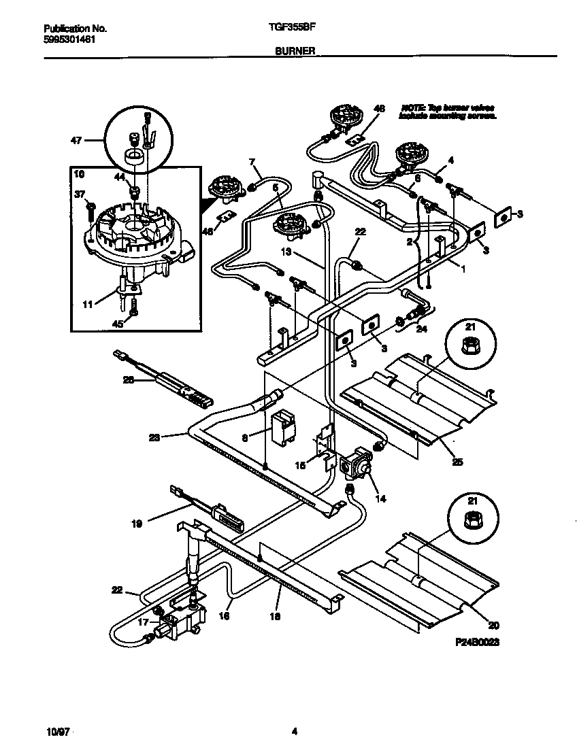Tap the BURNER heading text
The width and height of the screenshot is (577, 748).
pyautogui.click(x=294, y=51)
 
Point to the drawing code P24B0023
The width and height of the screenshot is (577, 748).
pyautogui.click(x=474, y=642)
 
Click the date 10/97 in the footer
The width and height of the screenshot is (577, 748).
pyautogui.click(x=59, y=732)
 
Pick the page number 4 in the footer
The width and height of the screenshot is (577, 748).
pyautogui.click(x=294, y=732)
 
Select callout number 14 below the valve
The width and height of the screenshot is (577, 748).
pyautogui.click(x=380, y=498)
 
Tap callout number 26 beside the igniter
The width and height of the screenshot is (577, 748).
pyautogui.click(x=128, y=380)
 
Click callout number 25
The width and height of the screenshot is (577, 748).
pyautogui.click(x=457, y=462)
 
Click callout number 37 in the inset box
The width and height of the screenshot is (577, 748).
pyautogui.click(x=79, y=195)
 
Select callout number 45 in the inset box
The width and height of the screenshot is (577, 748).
pyautogui.click(x=118, y=324)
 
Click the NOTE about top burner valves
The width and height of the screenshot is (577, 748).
pyautogui.click(x=448, y=112)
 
